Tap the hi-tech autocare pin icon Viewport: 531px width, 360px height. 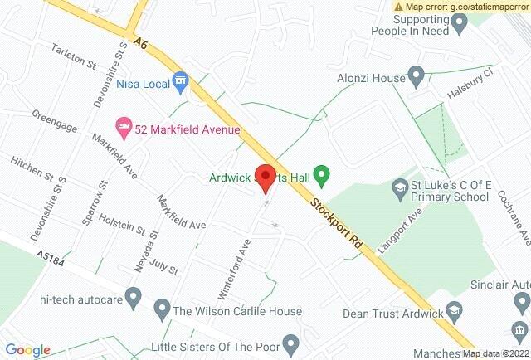[138, 294]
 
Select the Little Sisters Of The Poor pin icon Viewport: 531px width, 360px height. [290, 343]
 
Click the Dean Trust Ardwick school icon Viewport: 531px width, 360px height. [454, 313]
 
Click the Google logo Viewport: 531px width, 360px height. [27, 350]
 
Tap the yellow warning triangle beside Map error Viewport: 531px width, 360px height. [398, 6]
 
